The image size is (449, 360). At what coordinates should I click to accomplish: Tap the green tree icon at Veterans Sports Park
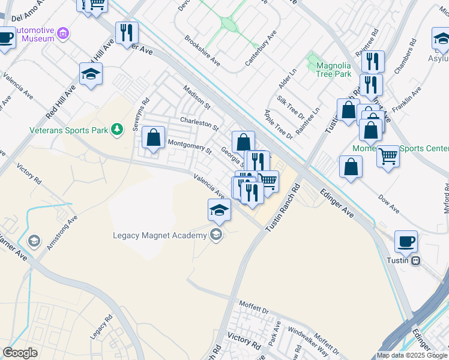point(118,128)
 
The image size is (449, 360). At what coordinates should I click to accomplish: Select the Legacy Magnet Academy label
point(159,235)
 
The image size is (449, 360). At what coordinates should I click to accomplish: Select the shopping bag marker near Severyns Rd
point(154,138)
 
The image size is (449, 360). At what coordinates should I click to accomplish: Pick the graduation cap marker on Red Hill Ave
point(91,74)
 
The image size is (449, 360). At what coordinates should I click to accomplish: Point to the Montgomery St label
point(190,146)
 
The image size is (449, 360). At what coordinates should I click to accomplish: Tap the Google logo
point(20,352)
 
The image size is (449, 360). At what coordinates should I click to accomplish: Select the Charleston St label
point(199,122)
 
